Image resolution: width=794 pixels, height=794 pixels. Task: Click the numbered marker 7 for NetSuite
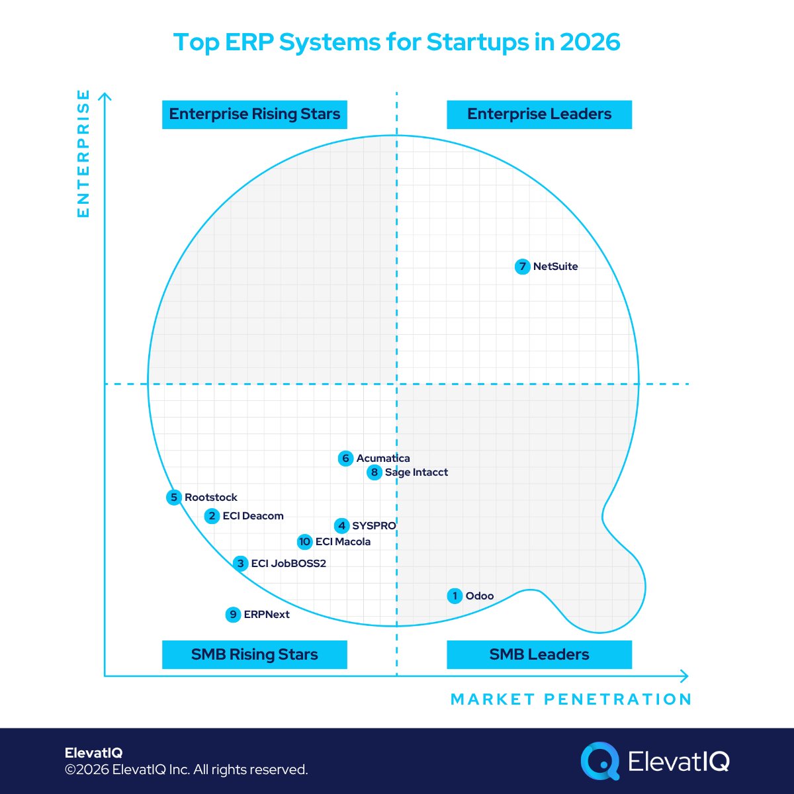click(x=523, y=267)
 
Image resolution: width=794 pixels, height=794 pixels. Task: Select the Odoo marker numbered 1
click(x=455, y=596)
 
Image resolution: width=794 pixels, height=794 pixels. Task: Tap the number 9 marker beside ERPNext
click(x=233, y=615)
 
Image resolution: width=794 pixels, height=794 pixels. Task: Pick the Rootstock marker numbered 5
click(x=174, y=498)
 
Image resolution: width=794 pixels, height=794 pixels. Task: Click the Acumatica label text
click(x=383, y=459)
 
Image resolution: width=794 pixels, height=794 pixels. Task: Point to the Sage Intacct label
click(x=416, y=472)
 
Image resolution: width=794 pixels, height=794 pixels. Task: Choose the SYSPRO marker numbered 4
click(x=341, y=526)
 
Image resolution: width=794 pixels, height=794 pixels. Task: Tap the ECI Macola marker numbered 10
click(x=304, y=542)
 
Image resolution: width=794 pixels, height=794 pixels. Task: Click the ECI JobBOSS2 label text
click(x=288, y=564)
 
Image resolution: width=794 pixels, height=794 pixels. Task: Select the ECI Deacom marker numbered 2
click(x=212, y=516)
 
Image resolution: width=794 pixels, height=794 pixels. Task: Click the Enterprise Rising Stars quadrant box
click(x=255, y=114)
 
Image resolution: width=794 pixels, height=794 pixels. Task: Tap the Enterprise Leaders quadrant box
click(x=539, y=114)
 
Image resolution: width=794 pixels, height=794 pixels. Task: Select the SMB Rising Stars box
click(x=255, y=654)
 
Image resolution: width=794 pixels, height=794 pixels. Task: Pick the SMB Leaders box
click(x=539, y=654)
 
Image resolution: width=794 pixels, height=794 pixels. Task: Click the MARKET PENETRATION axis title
click(x=571, y=699)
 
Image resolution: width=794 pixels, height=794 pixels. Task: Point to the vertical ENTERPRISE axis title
click(x=83, y=154)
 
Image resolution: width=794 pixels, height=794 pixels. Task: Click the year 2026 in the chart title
click(x=590, y=42)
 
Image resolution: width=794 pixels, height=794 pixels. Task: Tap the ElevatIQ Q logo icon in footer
click(x=599, y=761)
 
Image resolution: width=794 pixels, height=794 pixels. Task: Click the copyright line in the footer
click(x=186, y=770)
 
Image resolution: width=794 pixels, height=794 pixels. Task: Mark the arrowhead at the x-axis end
click(x=684, y=676)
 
